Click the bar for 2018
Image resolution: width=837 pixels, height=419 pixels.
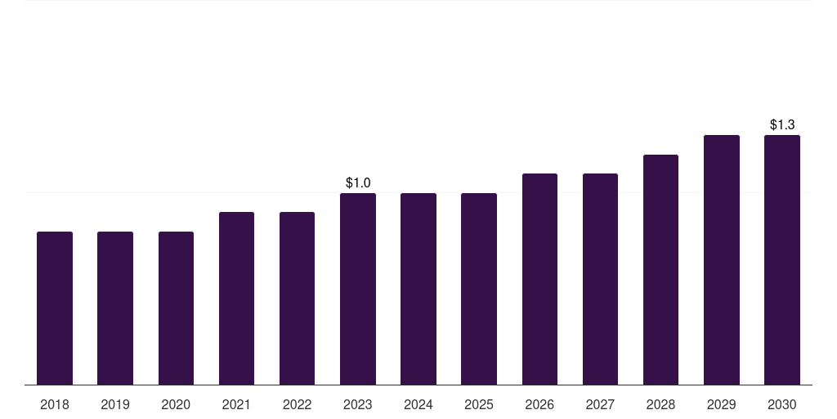pos(55,309)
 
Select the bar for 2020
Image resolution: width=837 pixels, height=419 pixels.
pos(176,309)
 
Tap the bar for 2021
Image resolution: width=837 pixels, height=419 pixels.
pos(236,298)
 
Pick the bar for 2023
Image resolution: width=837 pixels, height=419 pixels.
pos(358,289)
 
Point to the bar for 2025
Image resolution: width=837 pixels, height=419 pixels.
pos(479,289)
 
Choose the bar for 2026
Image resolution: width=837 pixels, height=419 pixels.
pos(539,279)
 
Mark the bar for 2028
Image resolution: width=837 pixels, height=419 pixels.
pos(660,270)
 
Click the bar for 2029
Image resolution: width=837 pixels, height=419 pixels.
pos(722,259)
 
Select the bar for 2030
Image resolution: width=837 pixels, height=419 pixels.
pos(782,259)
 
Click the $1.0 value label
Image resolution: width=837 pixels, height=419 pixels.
pos(358,182)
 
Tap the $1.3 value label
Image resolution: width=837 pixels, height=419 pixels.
pos(782,124)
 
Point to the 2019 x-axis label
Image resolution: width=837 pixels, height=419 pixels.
pos(115,404)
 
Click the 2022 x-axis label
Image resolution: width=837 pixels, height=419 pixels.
pos(297,404)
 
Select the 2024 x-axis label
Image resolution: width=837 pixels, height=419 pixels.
pos(418,404)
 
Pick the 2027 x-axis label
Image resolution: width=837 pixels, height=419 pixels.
pos(600,404)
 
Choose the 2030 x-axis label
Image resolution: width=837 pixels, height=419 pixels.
pos(782,404)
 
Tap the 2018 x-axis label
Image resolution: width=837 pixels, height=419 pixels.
pos(55,404)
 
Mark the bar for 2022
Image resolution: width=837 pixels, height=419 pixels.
pos(297,298)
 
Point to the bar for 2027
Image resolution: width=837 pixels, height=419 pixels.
pos(600,279)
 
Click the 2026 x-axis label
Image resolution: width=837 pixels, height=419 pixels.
pos(539,404)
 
